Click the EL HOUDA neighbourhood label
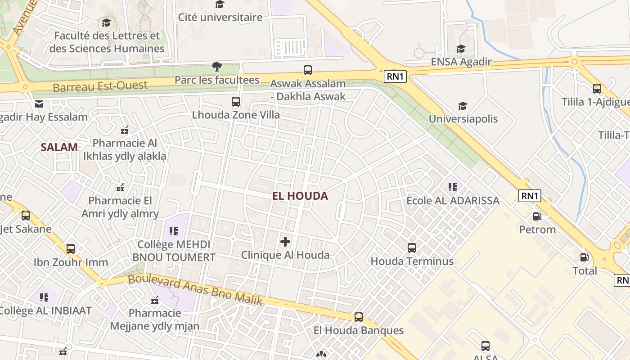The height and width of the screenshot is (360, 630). point(300,196)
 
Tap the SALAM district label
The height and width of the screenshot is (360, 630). point(59,147)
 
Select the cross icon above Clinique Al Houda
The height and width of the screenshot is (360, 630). point(285,242)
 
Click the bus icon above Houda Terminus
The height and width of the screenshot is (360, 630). point(412,247)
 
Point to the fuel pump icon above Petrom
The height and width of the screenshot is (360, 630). point(537,216)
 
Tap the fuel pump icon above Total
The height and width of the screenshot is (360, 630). point(585,257)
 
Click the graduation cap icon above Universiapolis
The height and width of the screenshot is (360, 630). point(463,106)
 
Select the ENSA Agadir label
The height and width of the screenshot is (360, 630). point(461,62)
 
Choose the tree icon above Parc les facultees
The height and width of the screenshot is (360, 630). point(217,67)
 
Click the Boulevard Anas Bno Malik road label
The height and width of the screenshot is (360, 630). point(195,289)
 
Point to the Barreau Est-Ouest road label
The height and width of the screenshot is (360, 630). point(100,86)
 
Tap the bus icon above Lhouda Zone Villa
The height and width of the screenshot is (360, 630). point(236,102)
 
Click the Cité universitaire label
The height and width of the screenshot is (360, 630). point(220,18)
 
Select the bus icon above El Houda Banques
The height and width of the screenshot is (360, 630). point(359,317)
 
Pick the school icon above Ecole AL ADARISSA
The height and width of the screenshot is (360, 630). point(453,187)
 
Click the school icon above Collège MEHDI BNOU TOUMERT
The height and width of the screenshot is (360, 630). point(174,231)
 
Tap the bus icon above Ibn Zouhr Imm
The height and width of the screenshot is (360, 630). point(71,249)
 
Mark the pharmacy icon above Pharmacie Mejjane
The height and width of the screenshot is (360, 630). point(155,300)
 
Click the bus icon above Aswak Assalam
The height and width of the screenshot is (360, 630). point(308,70)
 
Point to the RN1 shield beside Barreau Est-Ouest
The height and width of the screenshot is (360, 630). point(396,76)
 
